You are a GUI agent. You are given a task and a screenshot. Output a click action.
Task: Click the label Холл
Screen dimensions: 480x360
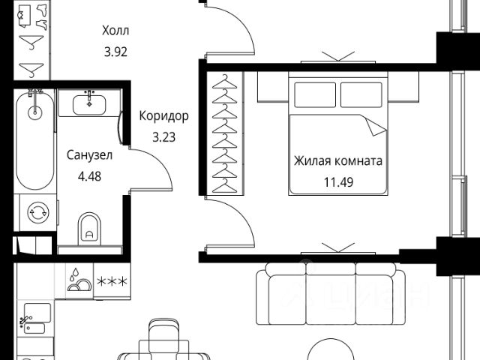(x=115, y=31)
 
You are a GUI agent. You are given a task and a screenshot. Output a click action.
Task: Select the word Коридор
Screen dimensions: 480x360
(x=163, y=116)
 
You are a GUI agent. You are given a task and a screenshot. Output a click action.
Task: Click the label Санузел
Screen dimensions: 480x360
(x=89, y=156)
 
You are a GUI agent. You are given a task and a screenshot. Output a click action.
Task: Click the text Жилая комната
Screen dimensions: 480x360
(x=338, y=160)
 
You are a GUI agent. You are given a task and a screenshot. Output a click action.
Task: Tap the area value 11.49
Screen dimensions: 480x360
(x=338, y=181)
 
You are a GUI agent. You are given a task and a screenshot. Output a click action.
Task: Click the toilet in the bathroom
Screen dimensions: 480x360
(x=91, y=226)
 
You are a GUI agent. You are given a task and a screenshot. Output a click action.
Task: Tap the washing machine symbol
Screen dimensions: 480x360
(x=35, y=213)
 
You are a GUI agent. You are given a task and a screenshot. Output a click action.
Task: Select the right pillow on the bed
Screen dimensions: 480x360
(x=361, y=94)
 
